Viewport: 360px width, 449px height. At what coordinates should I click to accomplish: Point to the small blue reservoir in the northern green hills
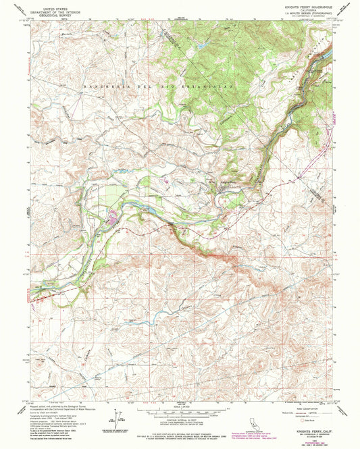[x=201, y=45]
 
